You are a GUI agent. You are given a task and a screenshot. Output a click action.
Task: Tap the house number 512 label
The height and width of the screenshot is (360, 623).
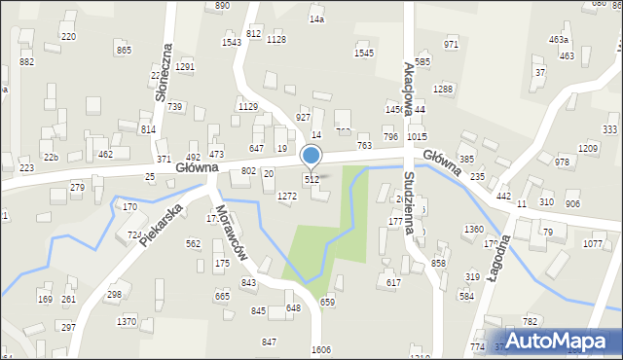click(x=311, y=179)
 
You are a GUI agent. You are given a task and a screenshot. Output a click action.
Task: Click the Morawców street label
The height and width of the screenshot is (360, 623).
click(x=235, y=235)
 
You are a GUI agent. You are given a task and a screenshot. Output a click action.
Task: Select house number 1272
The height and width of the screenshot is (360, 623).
click(x=286, y=196)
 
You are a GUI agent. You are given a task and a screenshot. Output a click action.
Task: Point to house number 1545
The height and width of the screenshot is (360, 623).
click(x=364, y=53)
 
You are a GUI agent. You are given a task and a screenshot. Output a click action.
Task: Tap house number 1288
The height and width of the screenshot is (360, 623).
click(x=444, y=90)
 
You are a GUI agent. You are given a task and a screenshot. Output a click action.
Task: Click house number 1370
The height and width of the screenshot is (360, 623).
click(x=127, y=321)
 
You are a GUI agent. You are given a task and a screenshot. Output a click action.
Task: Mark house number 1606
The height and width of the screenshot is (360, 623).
click(x=321, y=349)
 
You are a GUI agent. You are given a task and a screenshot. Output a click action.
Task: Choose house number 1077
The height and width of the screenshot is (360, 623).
click(x=593, y=243)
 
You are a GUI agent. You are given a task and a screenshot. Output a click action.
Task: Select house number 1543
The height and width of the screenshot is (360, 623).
click(x=232, y=42)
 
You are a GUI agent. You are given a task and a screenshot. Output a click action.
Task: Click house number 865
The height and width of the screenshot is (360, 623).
click(x=124, y=50)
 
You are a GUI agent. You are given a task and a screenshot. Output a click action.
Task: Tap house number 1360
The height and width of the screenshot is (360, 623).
click(x=474, y=229)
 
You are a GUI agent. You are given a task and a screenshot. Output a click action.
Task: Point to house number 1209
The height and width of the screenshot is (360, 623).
click(x=588, y=148)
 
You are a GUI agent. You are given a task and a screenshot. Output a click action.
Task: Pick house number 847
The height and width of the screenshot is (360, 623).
click(x=269, y=342)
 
